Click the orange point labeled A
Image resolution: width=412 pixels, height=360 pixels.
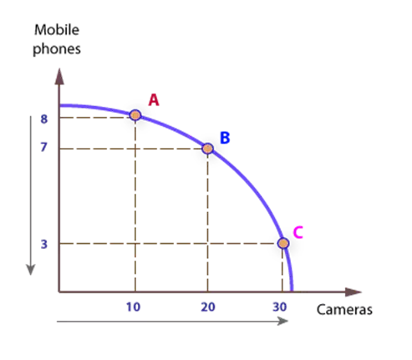tap(135, 115)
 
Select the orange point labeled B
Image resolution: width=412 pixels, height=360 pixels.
tap(207, 149)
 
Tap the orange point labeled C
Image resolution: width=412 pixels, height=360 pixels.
tap(283, 243)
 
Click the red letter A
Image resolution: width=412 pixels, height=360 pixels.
tap(154, 99)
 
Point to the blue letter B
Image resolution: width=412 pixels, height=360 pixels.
tap(225, 138)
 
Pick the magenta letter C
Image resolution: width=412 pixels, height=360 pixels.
tap(298, 232)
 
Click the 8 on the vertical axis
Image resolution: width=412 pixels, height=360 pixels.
tap(44, 119)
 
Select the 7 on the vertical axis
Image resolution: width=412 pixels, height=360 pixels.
tap(43, 147)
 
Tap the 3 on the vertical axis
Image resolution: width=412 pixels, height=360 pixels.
tap(44, 244)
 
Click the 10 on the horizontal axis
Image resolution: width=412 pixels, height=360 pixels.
tap(133, 307)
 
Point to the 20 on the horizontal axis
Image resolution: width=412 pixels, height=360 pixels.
tap(208, 307)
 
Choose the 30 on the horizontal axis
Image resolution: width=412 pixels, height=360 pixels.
tap(280, 307)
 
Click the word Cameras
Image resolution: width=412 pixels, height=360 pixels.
tap(344, 310)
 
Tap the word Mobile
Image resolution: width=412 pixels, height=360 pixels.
tap(57, 30)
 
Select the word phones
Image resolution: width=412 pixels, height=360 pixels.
tap(57, 48)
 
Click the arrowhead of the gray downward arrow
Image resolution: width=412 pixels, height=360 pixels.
tap(30, 270)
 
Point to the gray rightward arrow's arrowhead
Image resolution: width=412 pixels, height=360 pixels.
tap(282, 322)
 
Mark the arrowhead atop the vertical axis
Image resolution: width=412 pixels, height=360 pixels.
tap(59, 76)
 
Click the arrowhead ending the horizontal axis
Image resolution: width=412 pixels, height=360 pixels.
tap(354, 292)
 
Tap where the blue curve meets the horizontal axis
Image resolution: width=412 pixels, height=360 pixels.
tap(292, 292)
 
